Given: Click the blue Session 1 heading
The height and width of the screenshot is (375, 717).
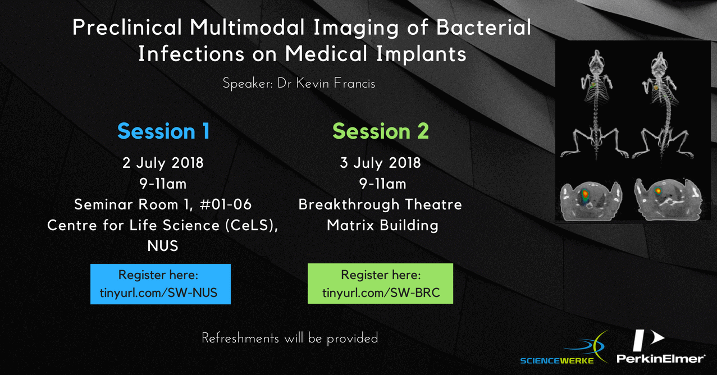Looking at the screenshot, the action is [163, 131].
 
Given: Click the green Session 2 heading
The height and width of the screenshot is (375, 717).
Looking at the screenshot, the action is [381, 131].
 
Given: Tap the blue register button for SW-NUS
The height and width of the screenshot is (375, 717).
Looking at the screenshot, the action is [161, 284].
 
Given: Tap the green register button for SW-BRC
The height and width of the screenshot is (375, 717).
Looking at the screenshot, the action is [380, 283].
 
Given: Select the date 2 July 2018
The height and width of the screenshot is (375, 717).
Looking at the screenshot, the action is [163, 163].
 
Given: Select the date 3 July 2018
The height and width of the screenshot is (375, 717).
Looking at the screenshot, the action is [380, 163].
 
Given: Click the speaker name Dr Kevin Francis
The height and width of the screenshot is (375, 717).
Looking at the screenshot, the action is [326, 84].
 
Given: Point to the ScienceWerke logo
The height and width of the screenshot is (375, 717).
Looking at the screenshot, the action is [564, 348].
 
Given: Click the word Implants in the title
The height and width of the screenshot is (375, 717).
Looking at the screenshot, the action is [421, 54].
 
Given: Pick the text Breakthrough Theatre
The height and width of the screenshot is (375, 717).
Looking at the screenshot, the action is [380, 204].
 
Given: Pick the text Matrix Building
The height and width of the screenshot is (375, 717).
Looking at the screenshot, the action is [382, 225].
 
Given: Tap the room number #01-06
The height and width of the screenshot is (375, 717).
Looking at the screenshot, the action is [225, 204].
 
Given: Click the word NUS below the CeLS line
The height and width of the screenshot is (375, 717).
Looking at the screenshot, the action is [163, 246].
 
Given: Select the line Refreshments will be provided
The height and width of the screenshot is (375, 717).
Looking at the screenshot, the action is [290, 338].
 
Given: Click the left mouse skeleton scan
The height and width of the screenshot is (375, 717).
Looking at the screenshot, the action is [595, 106].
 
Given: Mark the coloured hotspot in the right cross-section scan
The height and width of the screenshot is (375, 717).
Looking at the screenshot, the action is [658, 191].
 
